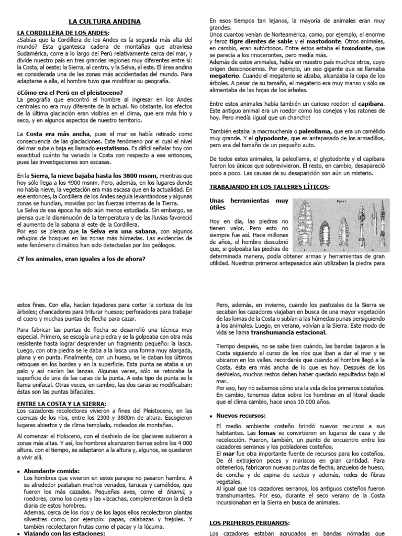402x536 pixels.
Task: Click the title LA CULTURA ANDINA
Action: pyautogui.click(x=105, y=21)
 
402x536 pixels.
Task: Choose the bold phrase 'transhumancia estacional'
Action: pyautogui.click(x=288, y=332)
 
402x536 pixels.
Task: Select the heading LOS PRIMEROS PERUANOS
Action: pyautogui.click(x=249, y=522)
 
